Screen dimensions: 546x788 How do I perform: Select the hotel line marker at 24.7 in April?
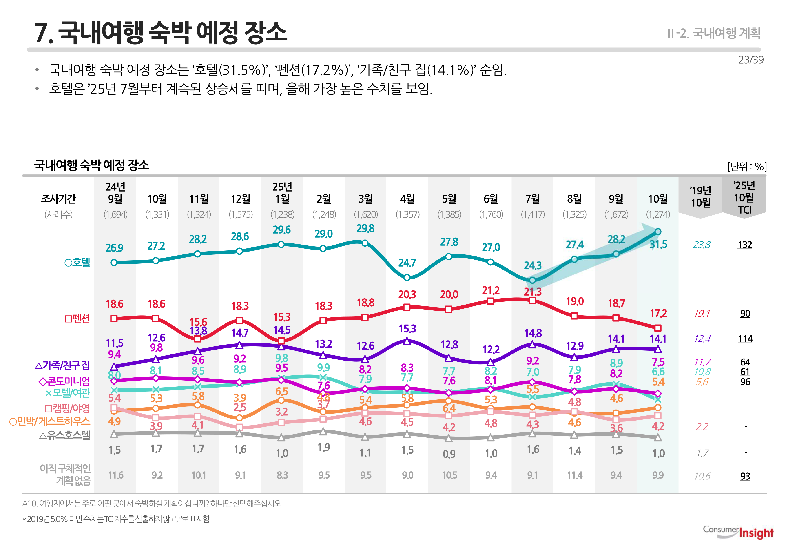tap(407, 277)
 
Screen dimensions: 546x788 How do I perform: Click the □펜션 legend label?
tap(77, 319)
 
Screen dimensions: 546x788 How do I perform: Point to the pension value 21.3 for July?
tap(533, 292)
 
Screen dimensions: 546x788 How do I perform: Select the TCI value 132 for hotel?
tap(745, 245)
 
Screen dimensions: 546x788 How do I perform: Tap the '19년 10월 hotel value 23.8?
tap(702, 245)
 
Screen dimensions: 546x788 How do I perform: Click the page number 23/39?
tap(750, 60)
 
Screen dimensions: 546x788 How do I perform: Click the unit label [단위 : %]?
tap(747, 167)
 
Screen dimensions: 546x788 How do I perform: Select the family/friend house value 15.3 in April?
tap(407, 329)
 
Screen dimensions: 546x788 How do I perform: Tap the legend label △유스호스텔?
tap(65, 435)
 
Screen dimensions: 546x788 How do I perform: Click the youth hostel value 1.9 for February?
tap(323, 448)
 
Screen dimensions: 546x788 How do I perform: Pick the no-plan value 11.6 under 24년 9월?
tap(115, 475)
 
